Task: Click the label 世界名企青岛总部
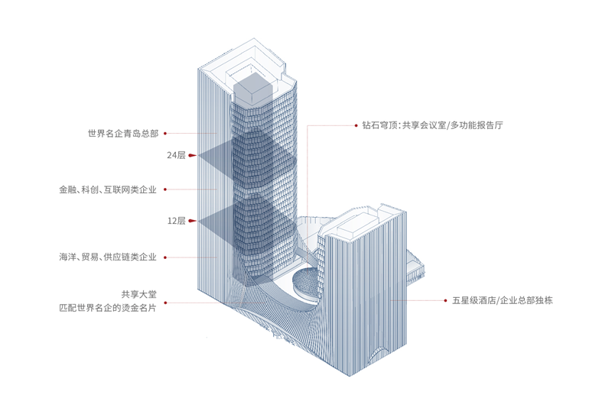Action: click(122, 134)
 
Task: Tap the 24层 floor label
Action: click(176, 155)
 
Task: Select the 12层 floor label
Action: click(176, 221)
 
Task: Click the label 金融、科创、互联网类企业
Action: click(108, 189)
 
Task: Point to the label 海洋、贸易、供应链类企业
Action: click(108, 257)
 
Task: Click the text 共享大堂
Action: click(138, 294)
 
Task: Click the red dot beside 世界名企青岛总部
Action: click(165, 134)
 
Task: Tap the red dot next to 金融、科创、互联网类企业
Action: click(165, 189)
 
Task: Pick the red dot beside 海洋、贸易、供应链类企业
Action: click(165, 257)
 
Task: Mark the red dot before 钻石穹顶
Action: click(356, 125)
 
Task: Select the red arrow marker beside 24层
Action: click(192, 155)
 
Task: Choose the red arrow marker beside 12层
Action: click(192, 221)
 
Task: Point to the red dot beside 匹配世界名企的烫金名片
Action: click(165, 303)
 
